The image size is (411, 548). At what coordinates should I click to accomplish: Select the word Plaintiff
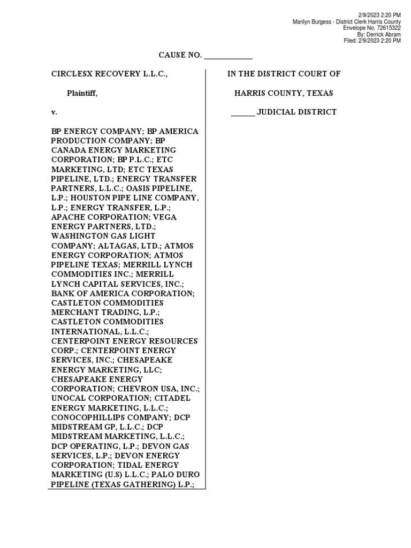[82, 93]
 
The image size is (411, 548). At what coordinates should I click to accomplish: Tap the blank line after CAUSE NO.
[228, 56]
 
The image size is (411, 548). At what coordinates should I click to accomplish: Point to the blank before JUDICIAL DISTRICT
[243, 112]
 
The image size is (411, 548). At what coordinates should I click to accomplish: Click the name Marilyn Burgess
[311, 21]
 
